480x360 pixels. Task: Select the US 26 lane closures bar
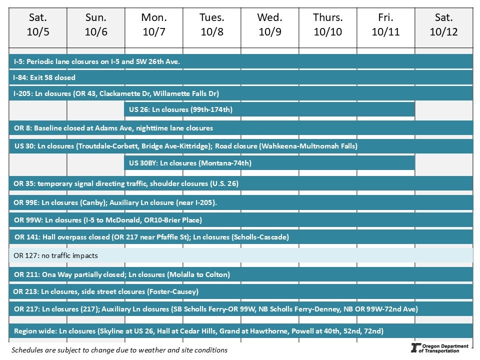[x=269, y=109]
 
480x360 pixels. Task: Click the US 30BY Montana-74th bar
[x=269, y=163]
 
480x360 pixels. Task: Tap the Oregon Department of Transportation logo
[x=439, y=348]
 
